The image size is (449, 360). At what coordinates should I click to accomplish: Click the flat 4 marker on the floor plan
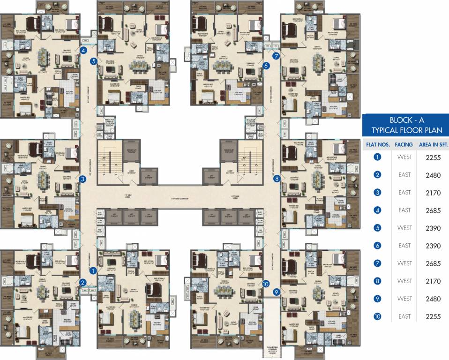coord(83,51)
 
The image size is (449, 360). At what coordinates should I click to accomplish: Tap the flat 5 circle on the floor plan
coord(94,61)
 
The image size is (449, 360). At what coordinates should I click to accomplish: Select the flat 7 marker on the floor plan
coord(276,56)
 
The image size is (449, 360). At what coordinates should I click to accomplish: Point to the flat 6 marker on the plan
coord(266,66)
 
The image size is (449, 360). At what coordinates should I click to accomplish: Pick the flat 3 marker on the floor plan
coord(82,179)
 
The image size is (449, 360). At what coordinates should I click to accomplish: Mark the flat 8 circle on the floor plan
coord(277,179)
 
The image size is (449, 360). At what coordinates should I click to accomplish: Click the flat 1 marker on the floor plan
coord(93,270)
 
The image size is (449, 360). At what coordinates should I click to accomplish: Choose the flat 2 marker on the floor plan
coord(82,282)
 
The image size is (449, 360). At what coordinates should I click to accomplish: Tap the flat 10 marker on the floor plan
coord(266,284)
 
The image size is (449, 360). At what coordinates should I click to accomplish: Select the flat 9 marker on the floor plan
coord(277,292)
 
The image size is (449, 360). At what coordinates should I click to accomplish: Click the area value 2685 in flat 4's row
coord(433,210)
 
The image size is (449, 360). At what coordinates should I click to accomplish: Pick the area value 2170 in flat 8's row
coord(433,281)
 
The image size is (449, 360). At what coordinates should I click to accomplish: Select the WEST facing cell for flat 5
coord(405,228)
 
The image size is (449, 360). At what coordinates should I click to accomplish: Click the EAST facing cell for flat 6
coord(405,246)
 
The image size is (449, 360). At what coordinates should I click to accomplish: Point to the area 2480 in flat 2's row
coord(433,175)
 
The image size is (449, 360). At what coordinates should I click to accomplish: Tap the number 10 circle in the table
coord(377,316)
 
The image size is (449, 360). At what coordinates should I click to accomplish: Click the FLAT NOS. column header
coord(377,145)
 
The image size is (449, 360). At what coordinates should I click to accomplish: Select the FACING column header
coord(404,145)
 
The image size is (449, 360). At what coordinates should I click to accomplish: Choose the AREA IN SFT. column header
coord(433,145)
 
